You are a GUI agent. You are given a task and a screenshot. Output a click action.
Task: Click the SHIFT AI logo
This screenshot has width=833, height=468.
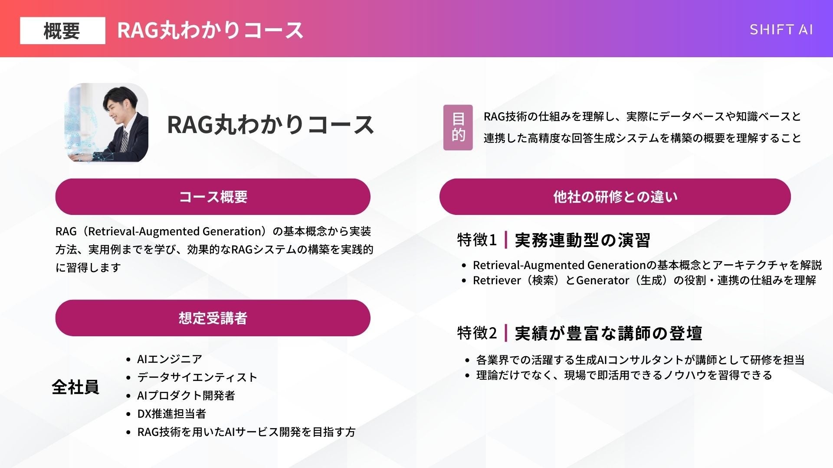781,29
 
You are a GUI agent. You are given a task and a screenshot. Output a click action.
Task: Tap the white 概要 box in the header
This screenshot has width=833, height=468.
62,30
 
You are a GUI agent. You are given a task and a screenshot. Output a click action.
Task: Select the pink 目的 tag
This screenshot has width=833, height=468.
458,127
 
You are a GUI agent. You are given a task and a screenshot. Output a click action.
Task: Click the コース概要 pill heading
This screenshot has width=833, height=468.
213,197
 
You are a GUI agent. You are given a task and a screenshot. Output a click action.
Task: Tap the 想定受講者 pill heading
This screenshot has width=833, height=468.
213,318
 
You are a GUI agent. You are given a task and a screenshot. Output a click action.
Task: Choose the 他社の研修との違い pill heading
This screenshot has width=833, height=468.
615,197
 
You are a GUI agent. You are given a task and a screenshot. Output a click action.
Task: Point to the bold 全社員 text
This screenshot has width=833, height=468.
75,387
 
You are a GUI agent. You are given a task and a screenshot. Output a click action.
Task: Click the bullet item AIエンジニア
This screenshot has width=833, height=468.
170,359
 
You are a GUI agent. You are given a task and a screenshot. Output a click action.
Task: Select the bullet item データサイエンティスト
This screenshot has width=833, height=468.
197,377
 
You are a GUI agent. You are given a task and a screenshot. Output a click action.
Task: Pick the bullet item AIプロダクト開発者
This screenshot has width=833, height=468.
186,396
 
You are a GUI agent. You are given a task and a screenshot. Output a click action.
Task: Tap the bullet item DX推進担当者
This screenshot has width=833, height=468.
171,414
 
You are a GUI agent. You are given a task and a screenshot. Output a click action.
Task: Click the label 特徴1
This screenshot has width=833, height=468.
477,240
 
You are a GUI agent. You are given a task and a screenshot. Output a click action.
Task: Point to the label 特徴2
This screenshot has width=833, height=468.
477,333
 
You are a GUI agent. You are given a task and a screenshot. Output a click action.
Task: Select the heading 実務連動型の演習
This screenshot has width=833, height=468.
582,240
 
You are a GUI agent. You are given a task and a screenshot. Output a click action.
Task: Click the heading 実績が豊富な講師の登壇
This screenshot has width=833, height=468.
608,333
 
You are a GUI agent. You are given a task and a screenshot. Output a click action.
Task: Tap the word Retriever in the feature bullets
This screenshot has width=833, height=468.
497,280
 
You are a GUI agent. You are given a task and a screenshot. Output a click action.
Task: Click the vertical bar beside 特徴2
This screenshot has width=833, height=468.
506,333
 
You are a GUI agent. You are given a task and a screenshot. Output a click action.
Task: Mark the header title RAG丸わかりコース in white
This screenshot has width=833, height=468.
210,30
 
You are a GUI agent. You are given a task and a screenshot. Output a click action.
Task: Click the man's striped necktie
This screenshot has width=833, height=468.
124,141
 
